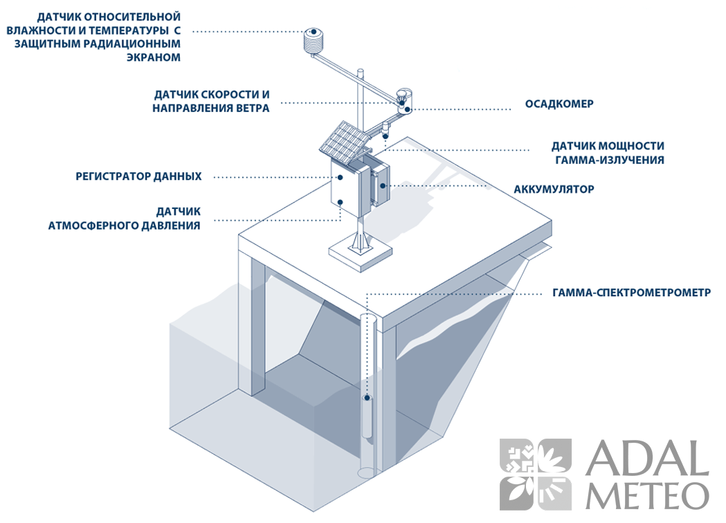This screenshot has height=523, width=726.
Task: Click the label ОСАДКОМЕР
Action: (559, 104)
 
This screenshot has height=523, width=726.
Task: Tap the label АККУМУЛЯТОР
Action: (554, 189)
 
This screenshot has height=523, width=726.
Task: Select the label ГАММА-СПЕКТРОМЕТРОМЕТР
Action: (632, 293)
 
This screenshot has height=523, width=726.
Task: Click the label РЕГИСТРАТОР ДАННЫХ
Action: (138, 176)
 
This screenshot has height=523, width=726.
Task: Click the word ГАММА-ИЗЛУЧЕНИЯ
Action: (610, 160)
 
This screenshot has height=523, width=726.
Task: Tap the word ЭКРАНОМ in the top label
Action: (154, 58)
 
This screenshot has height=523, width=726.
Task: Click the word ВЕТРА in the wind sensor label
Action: (249, 109)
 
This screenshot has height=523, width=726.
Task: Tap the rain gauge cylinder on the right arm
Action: (404, 99)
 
